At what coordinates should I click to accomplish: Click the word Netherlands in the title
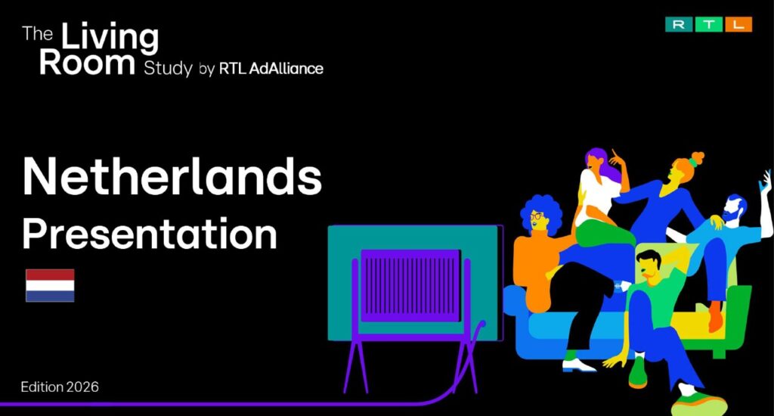pyautogui.click(x=172, y=176)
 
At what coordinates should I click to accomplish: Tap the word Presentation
pyautogui.click(x=150, y=234)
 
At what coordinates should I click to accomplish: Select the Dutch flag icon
pyautogui.click(x=50, y=285)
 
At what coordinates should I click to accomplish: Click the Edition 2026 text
pyautogui.click(x=60, y=387)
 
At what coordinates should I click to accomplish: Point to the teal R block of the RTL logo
pyautogui.click(x=679, y=24)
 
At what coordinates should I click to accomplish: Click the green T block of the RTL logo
pyautogui.click(x=708, y=24)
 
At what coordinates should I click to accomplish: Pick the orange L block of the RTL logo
pyautogui.click(x=738, y=24)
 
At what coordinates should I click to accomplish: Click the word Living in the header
pyautogui.click(x=110, y=38)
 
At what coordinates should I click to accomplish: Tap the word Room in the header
pyautogui.click(x=87, y=64)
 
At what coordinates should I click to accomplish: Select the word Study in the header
pyautogui.click(x=168, y=68)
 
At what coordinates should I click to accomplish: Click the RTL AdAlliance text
pyautogui.click(x=271, y=68)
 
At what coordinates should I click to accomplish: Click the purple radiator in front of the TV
pyautogui.click(x=410, y=286)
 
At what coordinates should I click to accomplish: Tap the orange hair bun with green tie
pyautogui.click(x=696, y=159)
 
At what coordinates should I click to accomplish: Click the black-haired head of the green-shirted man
pyautogui.click(x=648, y=259)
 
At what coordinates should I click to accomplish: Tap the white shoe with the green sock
pyautogui.click(x=578, y=365)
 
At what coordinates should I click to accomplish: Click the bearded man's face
pyautogui.click(x=732, y=210)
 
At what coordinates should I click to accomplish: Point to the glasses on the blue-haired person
pyautogui.click(x=537, y=216)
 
